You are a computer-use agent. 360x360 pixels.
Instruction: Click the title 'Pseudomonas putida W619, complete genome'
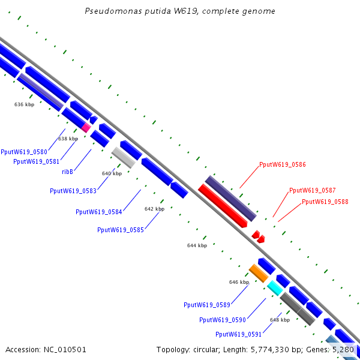click(x=180, y=11)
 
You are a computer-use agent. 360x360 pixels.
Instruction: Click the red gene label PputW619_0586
click(x=283, y=164)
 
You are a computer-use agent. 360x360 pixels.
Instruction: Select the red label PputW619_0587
click(x=312, y=190)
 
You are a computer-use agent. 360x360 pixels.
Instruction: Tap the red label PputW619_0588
click(x=325, y=202)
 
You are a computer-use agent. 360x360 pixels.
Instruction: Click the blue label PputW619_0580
click(x=24, y=152)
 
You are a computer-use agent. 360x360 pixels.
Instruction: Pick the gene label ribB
click(x=67, y=172)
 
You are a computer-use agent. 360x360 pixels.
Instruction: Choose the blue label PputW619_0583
click(x=73, y=191)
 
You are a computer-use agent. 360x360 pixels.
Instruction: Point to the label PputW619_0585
click(x=120, y=230)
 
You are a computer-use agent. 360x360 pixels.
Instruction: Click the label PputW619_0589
click(x=207, y=305)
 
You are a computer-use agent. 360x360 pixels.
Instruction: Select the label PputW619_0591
click(x=238, y=334)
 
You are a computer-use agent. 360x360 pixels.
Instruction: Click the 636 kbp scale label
click(x=24, y=104)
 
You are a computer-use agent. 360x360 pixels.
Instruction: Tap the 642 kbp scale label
click(x=154, y=209)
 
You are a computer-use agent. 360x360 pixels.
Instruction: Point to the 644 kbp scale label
click(x=197, y=245)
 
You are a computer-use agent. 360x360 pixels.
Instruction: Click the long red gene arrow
click(x=222, y=206)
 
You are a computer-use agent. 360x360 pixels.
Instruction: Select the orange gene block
click(x=259, y=273)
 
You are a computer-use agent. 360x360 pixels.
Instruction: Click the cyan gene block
click(x=275, y=287)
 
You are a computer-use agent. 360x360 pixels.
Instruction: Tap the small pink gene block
click(x=86, y=127)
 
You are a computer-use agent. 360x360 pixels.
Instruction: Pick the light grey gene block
click(x=123, y=157)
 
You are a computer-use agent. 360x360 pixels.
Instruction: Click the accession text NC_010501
click(x=46, y=349)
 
